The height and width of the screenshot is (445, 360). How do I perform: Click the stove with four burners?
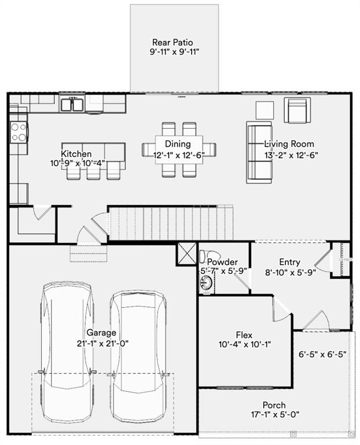(19, 132)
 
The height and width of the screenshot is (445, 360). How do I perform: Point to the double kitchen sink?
(73, 104)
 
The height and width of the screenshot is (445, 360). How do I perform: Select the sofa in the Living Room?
(258, 152)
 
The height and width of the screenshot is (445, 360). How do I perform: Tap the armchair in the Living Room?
(297, 110)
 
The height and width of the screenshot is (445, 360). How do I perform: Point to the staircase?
(171, 222)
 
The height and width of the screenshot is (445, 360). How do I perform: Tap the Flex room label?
(244, 334)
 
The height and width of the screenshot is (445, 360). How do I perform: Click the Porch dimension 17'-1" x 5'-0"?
(274, 414)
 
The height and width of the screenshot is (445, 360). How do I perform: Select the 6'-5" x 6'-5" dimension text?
(322, 355)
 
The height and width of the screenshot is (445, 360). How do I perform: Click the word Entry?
(289, 262)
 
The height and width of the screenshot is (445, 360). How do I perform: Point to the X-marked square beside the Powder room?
(188, 254)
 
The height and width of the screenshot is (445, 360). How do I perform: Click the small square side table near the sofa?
(265, 109)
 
